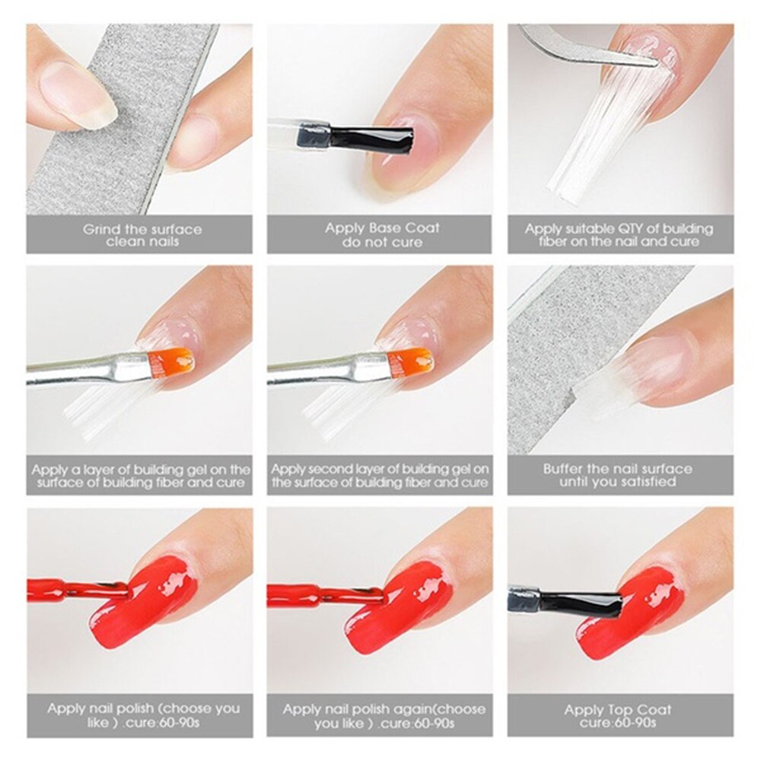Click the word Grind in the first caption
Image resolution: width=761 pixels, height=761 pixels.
(x=100, y=229)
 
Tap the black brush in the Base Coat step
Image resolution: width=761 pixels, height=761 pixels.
(x=372, y=138)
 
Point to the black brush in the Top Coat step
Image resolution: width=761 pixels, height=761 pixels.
(x=582, y=603)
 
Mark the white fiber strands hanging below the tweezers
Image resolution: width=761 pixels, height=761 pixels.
(x=601, y=145)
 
